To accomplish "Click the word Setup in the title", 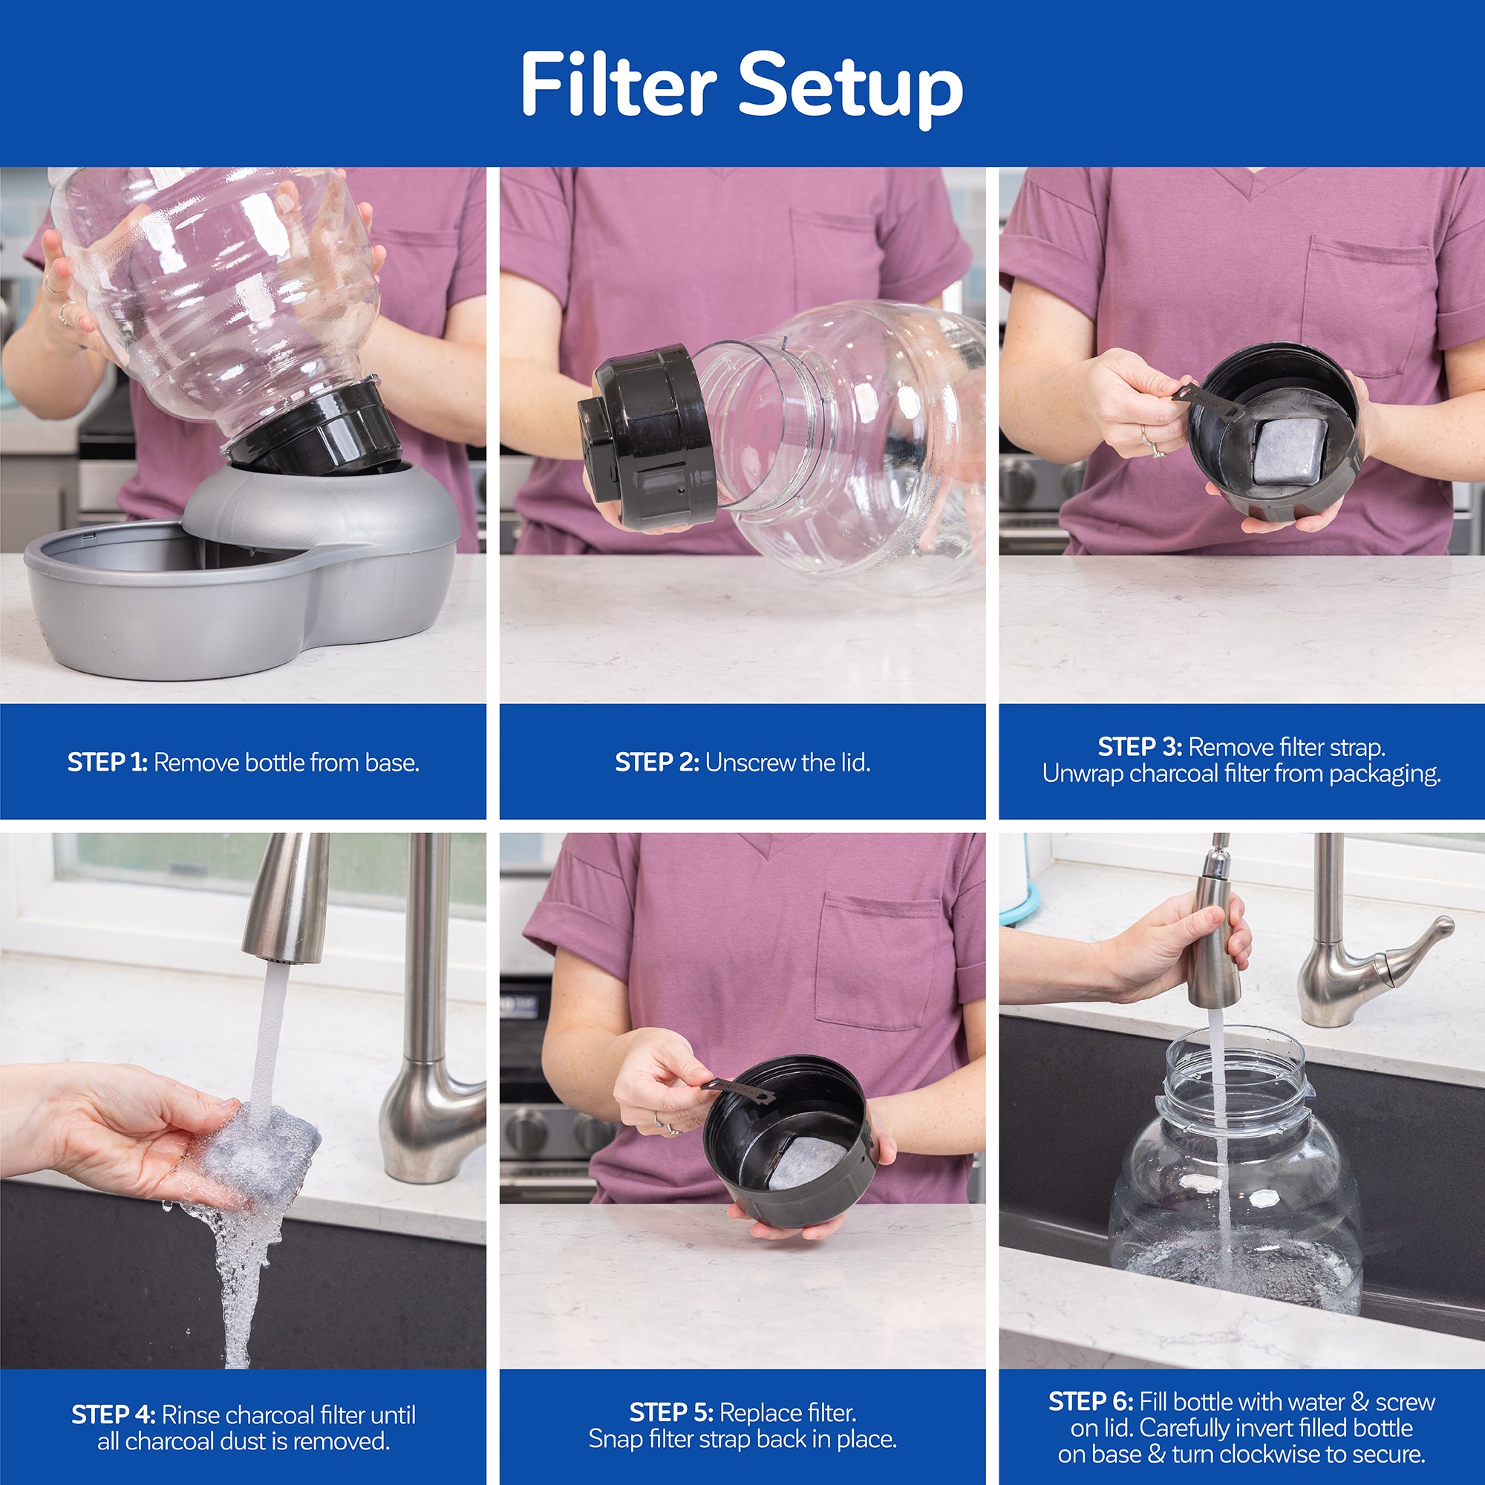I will (851, 86).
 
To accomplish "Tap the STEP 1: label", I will (107, 763).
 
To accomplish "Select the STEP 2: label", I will (656, 763).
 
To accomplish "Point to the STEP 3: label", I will (1139, 747).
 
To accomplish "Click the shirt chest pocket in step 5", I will (876, 961).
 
